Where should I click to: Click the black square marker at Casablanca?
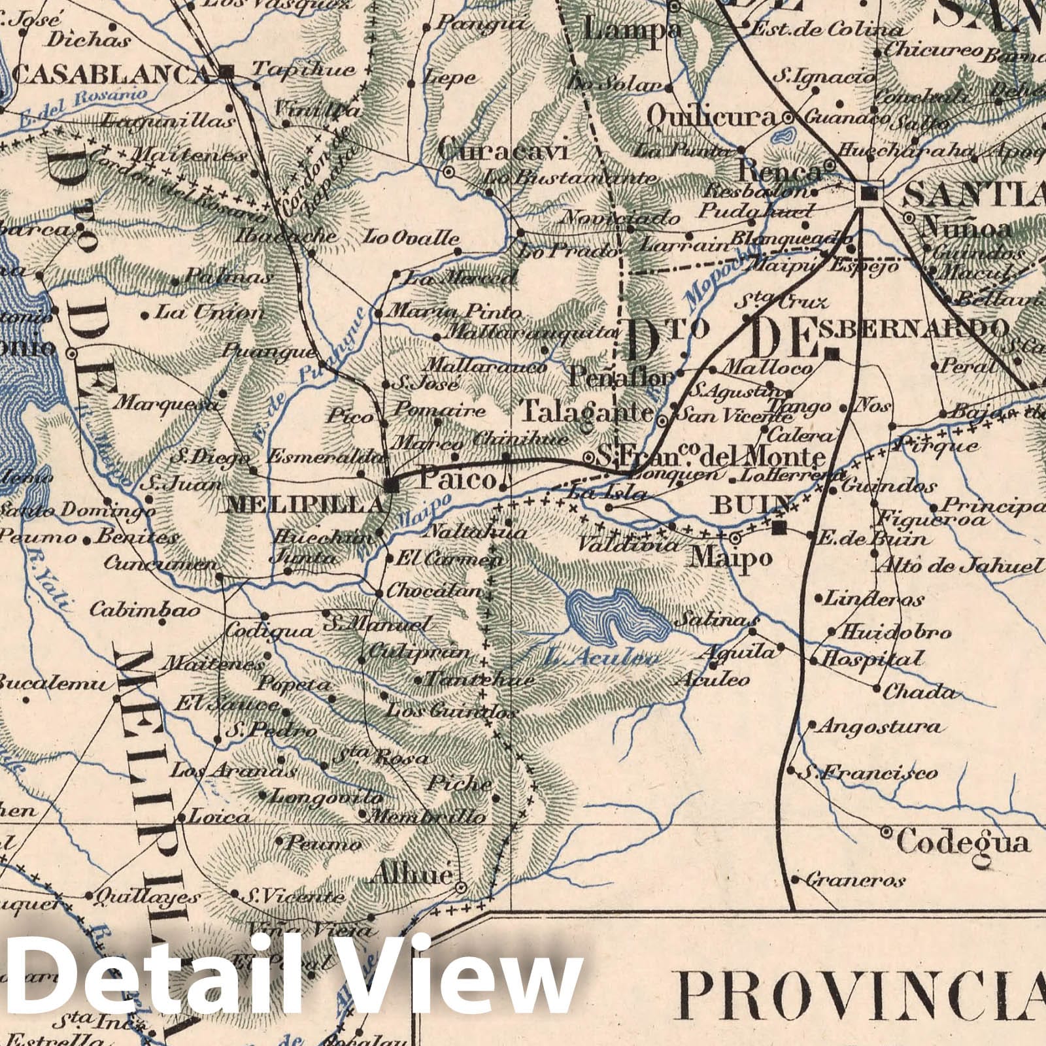click(227, 73)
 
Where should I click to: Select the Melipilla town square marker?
click(391, 484)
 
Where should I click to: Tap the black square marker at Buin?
click(778, 528)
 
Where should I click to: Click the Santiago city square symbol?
click(869, 194)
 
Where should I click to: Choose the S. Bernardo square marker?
click(832, 355)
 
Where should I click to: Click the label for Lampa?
click(632, 29)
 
